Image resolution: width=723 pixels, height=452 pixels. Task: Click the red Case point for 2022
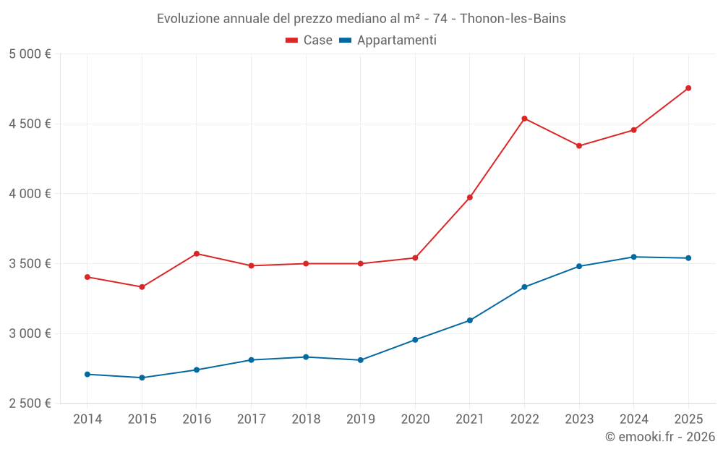pos(524,119)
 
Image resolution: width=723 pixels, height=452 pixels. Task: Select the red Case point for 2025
pos(688,88)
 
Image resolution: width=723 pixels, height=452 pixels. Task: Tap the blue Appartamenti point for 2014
pos(87,374)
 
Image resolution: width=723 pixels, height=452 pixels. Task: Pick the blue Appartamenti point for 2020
pos(415,340)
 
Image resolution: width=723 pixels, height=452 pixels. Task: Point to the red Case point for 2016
pos(197,254)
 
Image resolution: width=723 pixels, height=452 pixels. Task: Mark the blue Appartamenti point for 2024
pos(634,257)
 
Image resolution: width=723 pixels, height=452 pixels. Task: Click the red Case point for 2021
pos(470,197)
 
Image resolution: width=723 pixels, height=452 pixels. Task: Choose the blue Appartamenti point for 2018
pos(306,357)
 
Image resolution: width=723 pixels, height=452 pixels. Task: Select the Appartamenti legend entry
pos(388,40)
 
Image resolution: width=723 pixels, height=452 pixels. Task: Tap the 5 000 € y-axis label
pos(30,54)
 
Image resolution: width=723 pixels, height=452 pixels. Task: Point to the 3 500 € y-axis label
pos(30,264)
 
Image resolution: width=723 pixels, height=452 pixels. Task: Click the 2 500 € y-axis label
pos(30,404)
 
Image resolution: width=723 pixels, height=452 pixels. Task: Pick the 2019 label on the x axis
pos(360,419)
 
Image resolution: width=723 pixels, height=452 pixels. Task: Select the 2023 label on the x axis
pos(579,419)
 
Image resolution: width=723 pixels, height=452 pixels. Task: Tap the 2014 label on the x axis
pos(87,419)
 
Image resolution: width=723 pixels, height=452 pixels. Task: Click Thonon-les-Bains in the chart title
pos(513,18)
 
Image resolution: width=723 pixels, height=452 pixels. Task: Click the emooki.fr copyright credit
pos(659,437)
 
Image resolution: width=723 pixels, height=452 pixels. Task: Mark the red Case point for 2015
pos(142,287)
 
